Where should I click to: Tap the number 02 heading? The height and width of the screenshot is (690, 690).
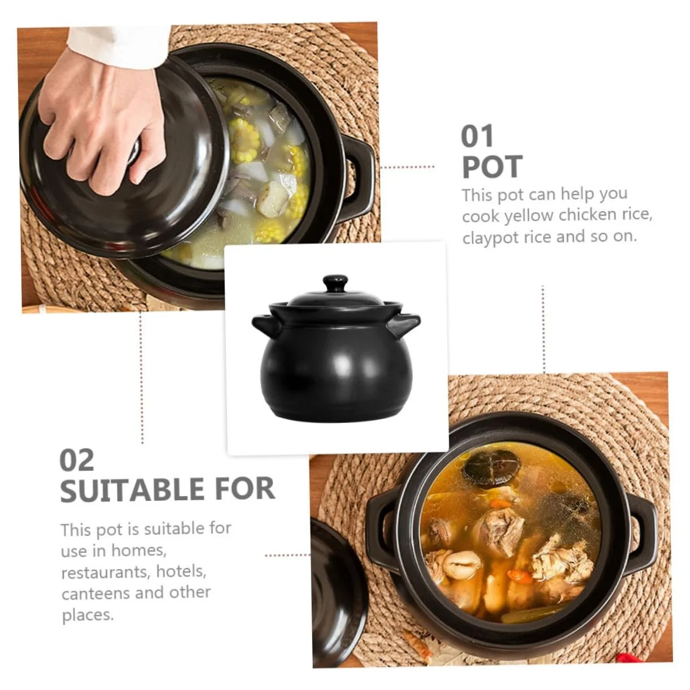tap(77, 461)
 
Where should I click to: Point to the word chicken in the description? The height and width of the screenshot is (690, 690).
tap(588, 215)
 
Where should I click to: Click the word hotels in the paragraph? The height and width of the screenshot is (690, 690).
tap(181, 572)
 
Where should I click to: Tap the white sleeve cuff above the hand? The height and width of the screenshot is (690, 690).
tap(118, 46)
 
